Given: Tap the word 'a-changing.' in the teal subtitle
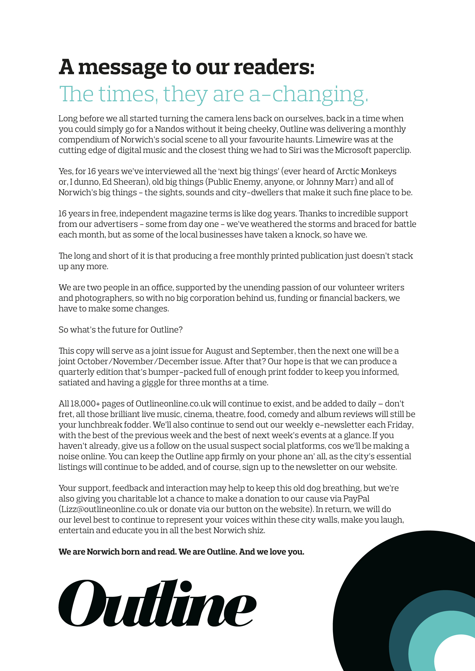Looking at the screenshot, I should [x=309, y=94].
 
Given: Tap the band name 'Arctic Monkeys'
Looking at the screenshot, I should [x=366, y=171].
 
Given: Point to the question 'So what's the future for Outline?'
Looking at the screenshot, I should [x=121, y=330].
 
